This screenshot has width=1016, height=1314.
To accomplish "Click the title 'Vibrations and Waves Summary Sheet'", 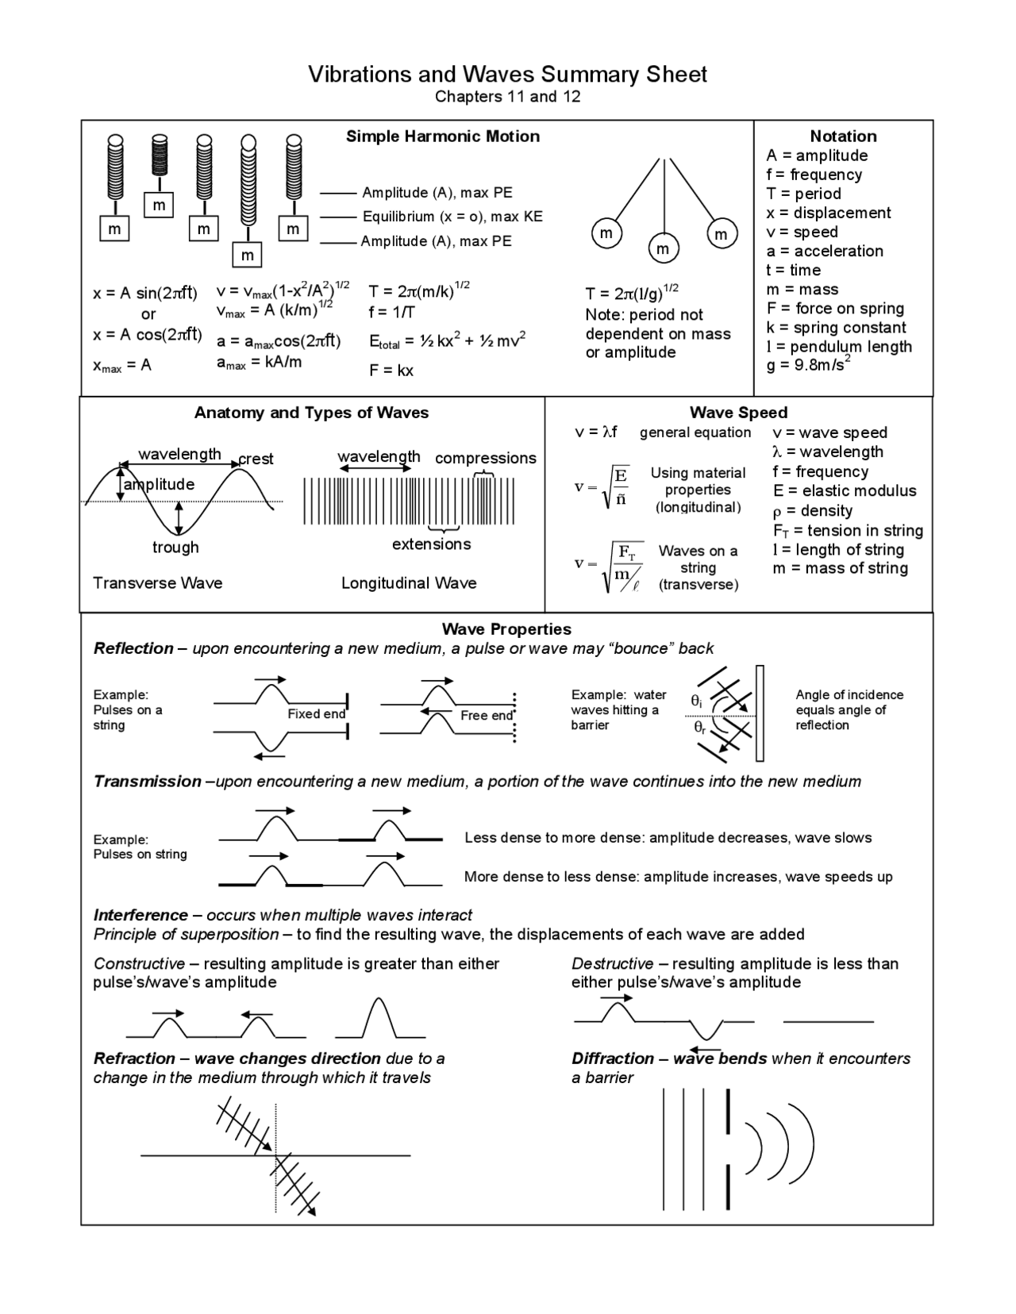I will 507,75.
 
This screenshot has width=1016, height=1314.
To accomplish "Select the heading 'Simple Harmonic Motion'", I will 442,136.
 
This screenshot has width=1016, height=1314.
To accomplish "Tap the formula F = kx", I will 391,371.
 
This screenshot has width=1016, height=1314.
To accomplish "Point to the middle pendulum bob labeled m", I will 663,249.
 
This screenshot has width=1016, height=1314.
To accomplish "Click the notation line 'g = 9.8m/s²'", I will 808,365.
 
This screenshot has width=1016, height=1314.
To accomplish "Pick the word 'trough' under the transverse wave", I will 175,547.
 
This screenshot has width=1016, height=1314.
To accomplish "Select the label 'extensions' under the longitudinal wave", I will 431,544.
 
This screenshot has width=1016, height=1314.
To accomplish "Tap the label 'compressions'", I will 485,458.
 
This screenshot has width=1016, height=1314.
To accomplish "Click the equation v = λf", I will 595,432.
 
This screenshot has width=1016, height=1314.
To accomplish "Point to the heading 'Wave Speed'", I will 738,413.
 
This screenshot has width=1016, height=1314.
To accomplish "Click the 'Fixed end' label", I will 316,714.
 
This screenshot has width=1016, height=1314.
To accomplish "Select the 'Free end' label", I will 486,716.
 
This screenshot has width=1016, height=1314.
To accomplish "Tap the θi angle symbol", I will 696,701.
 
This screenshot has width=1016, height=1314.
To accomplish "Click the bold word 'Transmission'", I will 148,782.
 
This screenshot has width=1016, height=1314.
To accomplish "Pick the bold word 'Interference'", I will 140,915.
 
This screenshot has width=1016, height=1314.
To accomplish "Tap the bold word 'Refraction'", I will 134,1058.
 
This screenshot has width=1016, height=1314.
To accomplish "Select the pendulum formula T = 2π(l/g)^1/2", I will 632,294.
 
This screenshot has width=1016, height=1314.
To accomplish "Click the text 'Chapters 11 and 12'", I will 507,97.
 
